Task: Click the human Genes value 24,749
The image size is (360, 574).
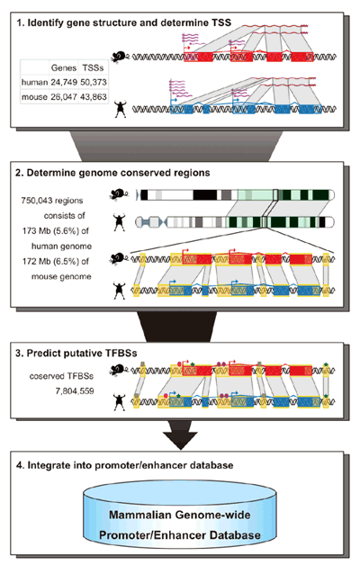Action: [64, 82]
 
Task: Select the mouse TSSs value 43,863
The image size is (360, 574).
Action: [94, 96]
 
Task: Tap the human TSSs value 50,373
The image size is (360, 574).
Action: [94, 82]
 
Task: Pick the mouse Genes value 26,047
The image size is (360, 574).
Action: [64, 96]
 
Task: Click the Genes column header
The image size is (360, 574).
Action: [64, 67]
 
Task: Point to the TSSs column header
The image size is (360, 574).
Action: [93, 67]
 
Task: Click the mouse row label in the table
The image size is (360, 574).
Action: [34, 97]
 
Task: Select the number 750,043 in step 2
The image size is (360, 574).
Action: [37, 201]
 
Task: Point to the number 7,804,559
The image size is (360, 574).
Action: [75, 391]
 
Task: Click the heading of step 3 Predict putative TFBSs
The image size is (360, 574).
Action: [76, 354]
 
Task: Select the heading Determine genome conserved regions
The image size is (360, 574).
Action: [112, 173]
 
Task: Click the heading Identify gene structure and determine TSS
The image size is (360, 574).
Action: [124, 22]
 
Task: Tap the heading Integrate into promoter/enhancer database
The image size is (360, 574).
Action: [125, 465]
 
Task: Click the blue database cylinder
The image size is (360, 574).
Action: [180, 516]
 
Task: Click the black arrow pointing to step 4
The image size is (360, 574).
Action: [180, 435]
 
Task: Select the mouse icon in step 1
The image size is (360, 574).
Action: [120, 57]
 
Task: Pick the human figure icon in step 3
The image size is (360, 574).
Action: [120, 401]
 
